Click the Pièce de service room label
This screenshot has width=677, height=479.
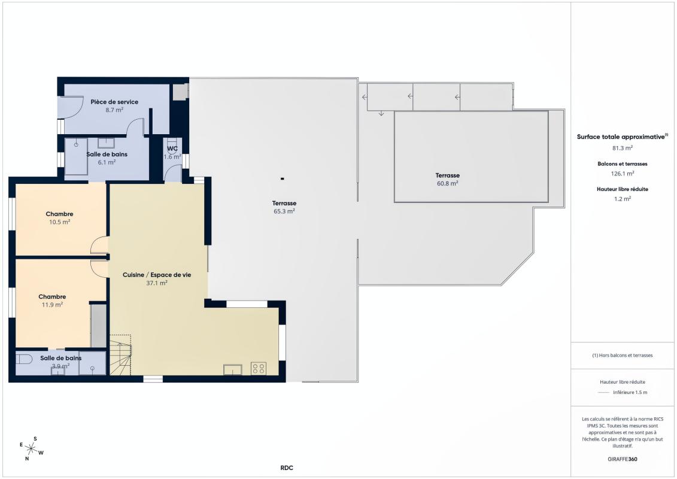click(x=114, y=102)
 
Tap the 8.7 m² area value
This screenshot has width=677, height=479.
click(x=114, y=110)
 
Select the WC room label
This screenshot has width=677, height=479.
click(x=172, y=148)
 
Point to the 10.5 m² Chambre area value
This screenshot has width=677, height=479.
click(x=59, y=222)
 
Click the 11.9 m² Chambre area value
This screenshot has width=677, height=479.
click(x=52, y=305)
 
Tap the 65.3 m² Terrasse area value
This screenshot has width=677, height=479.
click(x=284, y=211)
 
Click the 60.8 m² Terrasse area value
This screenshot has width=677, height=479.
click(x=447, y=184)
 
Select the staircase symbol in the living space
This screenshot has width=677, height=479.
click(x=120, y=355)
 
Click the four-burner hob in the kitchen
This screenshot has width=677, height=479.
click(x=259, y=368)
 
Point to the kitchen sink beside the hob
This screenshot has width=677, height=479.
click(x=233, y=369)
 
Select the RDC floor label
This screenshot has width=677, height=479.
click(x=286, y=468)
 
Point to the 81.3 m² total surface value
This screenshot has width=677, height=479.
click(x=623, y=148)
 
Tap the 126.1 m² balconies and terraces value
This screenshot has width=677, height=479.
click(x=623, y=174)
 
